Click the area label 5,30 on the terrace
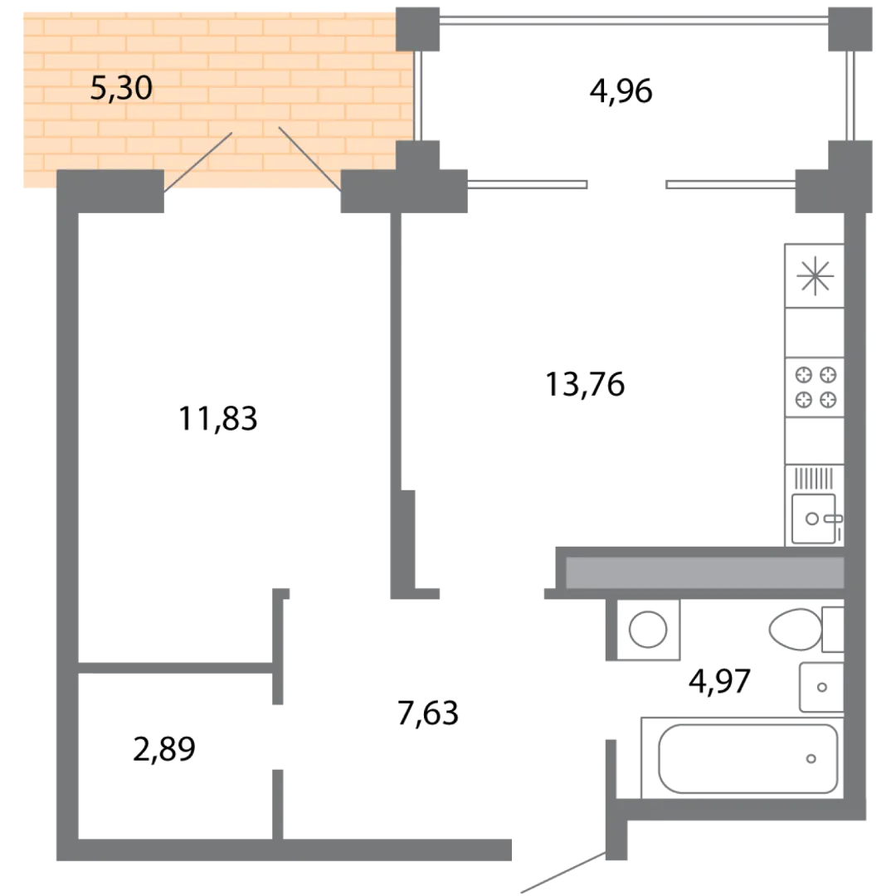[x=121, y=89]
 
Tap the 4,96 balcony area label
[x=621, y=91]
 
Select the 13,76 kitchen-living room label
[x=585, y=384]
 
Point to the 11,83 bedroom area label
[x=217, y=418]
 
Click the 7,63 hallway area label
[x=428, y=713]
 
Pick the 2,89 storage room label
[x=164, y=749]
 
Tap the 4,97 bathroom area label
[x=719, y=681]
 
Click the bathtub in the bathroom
[x=747, y=759]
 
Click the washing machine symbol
[x=648, y=630]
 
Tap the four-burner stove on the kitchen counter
[x=816, y=387]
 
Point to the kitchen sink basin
[x=814, y=519]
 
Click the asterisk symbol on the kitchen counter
[x=815, y=276]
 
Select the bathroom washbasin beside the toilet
[x=821, y=687]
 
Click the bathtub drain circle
[x=811, y=759]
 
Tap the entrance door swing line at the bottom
[x=563, y=872]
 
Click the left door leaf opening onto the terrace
[x=197, y=163]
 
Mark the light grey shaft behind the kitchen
[x=704, y=572]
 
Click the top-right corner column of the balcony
[x=850, y=28]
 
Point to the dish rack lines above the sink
[x=815, y=479]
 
